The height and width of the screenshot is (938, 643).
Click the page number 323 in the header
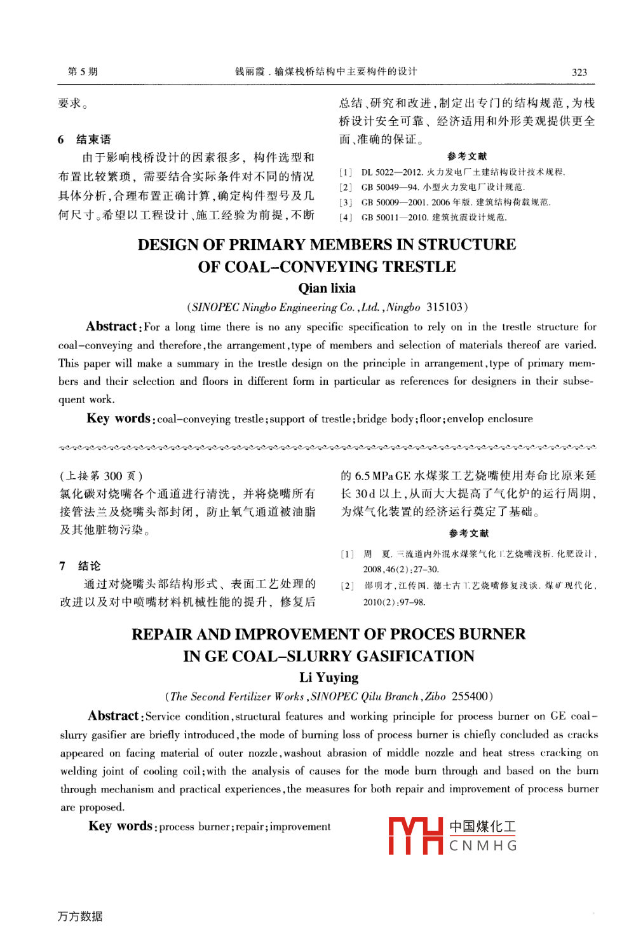pyautogui.click(x=579, y=72)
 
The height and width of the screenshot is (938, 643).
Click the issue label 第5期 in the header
pyautogui.click(x=83, y=71)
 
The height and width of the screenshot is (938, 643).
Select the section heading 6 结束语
pyautogui.click(x=85, y=139)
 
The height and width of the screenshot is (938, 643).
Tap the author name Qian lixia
pyautogui.click(x=327, y=288)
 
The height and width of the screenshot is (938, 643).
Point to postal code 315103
pyautogui.click(x=445, y=307)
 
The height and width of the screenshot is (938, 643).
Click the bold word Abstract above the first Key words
pyautogui.click(x=112, y=327)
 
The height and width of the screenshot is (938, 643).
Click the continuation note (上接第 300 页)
pyautogui.click(x=101, y=476)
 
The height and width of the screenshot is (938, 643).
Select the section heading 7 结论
pyautogui.click(x=80, y=566)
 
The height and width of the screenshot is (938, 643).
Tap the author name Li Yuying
pyautogui.click(x=328, y=677)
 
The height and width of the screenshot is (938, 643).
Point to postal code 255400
pyautogui.click(x=470, y=696)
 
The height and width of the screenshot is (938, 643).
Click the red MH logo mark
pyautogui.click(x=416, y=836)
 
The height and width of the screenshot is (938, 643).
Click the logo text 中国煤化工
pyautogui.click(x=483, y=827)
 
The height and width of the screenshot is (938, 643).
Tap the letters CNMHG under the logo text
pyautogui.click(x=483, y=846)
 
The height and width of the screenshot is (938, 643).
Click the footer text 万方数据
pyautogui.click(x=80, y=916)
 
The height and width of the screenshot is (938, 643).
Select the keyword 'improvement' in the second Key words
pyautogui.click(x=300, y=827)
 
